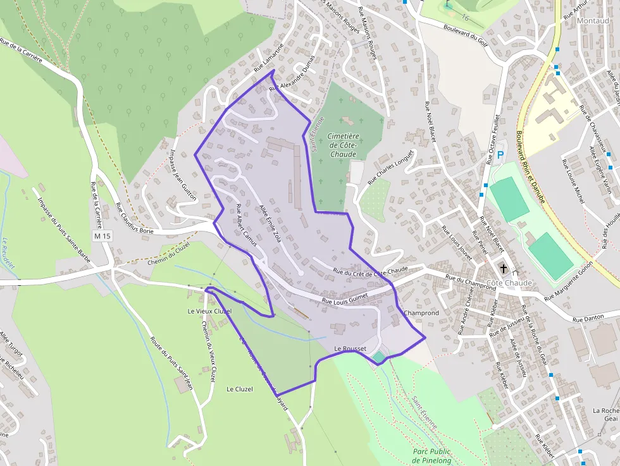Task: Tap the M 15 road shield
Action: (x=102, y=236)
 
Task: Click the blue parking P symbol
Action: (x=500, y=154)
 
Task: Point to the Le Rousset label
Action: (x=350, y=349)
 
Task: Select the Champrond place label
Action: (x=421, y=313)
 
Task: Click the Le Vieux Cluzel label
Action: (x=210, y=311)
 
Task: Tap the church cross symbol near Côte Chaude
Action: (x=504, y=269)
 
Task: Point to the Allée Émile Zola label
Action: (x=270, y=223)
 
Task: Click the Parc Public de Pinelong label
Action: (x=432, y=455)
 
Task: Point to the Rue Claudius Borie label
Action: (x=135, y=218)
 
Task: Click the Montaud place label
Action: (x=593, y=20)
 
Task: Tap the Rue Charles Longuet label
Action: (x=390, y=167)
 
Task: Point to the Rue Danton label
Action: (x=586, y=320)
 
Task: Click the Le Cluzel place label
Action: (x=239, y=389)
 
